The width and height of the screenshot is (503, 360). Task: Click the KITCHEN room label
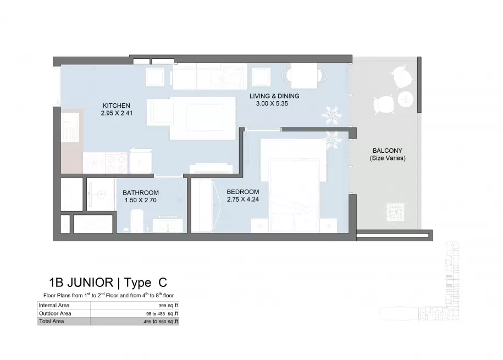[x=117, y=106]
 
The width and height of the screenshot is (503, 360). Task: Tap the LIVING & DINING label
[x=274, y=96]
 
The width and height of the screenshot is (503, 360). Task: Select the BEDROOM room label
[x=243, y=192]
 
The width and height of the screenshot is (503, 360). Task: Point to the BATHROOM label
[x=141, y=193]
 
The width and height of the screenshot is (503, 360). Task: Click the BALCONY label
[x=387, y=151]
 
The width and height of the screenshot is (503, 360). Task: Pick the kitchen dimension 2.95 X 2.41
[x=117, y=113]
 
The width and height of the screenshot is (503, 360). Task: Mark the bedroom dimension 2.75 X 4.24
[x=243, y=200]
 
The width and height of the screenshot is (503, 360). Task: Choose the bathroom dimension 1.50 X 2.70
[x=141, y=200]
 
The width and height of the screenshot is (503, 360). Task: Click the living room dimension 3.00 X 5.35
[x=272, y=103]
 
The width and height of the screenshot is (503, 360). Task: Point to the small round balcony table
[x=406, y=99]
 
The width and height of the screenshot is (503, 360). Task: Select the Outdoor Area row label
[x=55, y=313]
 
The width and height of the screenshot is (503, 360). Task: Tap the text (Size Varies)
[x=388, y=158]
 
